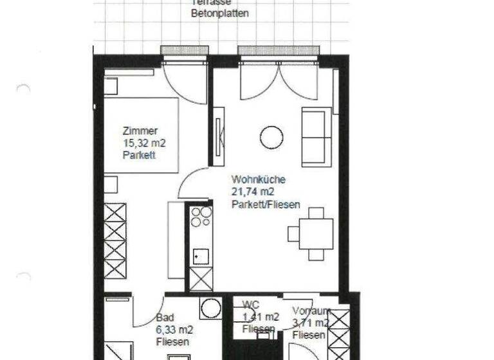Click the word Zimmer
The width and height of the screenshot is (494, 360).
coord(140,131)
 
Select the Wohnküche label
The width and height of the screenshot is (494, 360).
coord(259,180)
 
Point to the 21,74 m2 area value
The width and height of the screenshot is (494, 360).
coord(253,192)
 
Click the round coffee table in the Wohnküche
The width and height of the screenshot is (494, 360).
coord(271,136)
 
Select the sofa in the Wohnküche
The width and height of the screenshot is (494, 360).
coord(316,137)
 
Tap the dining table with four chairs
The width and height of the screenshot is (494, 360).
coord(316,233)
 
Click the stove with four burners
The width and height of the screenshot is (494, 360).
coord(201,216)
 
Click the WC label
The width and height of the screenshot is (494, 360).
coord(250,305)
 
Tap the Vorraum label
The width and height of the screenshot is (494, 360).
coord(311,310)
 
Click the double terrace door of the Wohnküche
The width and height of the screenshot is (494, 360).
coord(279,80)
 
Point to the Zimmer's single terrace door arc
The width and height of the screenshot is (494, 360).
coord(183,84)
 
